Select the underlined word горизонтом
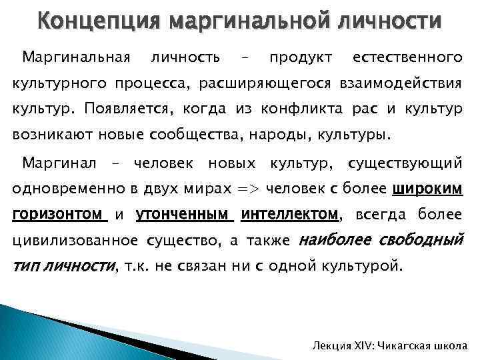point(59,215)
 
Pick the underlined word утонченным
point(184,215)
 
